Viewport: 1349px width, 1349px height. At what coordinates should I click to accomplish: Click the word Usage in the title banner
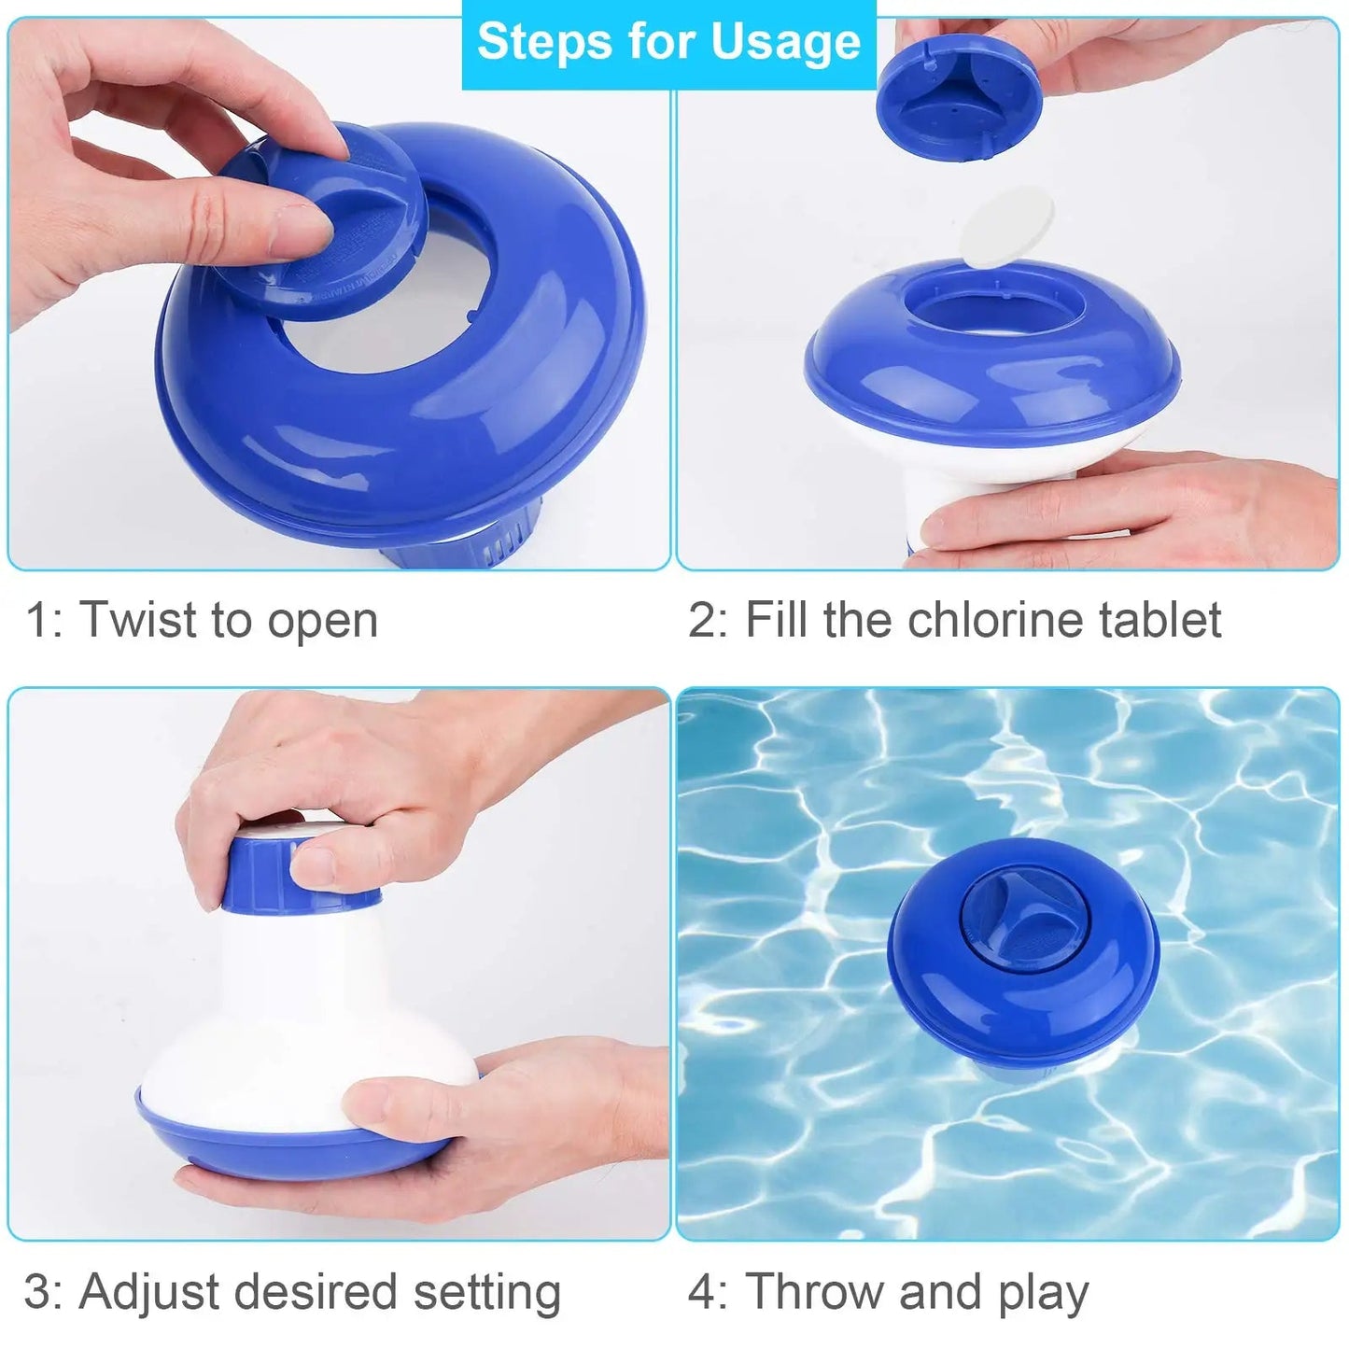[785, 44]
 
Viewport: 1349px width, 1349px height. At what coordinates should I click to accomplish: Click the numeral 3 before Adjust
[38, 1294]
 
